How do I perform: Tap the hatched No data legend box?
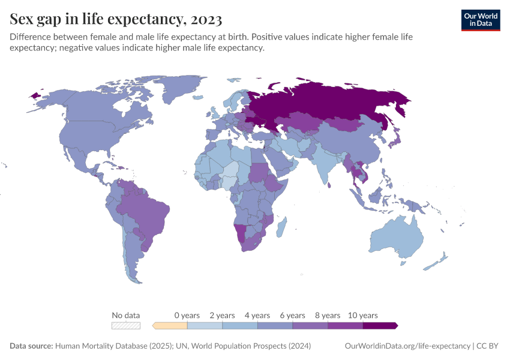point(126,325)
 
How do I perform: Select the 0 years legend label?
point(187,315)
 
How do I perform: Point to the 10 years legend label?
point(362,315)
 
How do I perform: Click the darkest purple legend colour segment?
point(379,325)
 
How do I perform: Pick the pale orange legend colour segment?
point(170,325)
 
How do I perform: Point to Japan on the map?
point(395,142)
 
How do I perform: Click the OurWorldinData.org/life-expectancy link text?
point(407,346)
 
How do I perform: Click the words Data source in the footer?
point(31,346)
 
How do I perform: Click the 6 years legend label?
point(292,315)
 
